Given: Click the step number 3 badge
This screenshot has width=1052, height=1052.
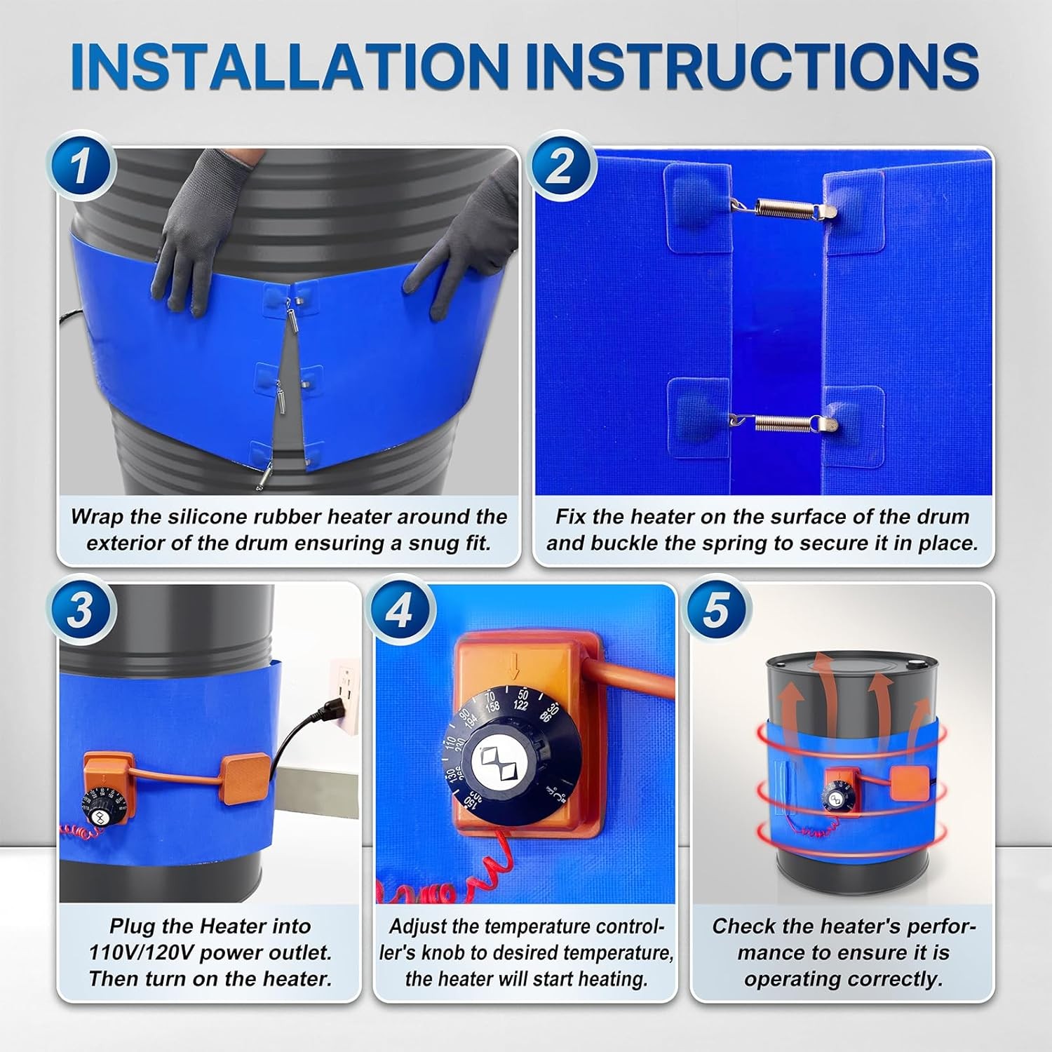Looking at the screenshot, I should click(x=81, y=609).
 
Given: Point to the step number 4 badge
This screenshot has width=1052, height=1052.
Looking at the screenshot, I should click(x=398, y=609).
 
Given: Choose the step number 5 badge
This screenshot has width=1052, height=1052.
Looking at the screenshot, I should click(x=716, y=609).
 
